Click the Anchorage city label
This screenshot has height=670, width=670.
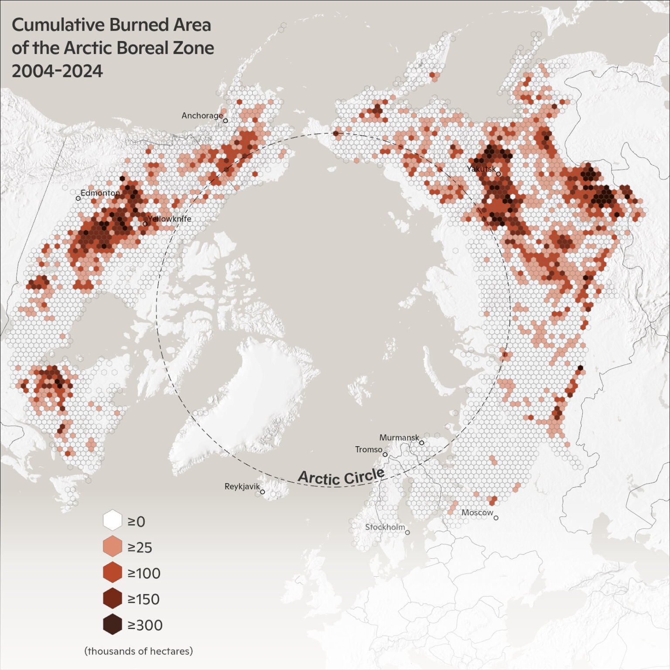202,116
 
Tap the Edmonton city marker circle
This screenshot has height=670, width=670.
78,198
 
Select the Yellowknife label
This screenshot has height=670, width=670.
170,219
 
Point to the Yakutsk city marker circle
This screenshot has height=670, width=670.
498,174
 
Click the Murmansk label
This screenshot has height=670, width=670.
399,438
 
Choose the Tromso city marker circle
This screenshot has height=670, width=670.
385,455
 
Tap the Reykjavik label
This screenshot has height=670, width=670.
242,486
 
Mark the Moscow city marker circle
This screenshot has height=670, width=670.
496,518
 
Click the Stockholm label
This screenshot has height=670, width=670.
385,527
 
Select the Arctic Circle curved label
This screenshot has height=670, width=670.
341,477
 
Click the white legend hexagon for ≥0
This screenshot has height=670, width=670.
112,521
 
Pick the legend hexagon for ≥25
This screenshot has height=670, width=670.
112,547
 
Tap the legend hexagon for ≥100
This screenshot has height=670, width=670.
112,572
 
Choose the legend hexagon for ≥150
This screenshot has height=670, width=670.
112,598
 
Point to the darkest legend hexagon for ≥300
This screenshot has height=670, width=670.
112,624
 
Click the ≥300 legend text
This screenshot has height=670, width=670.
145,625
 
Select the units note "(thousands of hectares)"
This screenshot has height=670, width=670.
138,651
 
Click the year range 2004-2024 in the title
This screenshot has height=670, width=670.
57,71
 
